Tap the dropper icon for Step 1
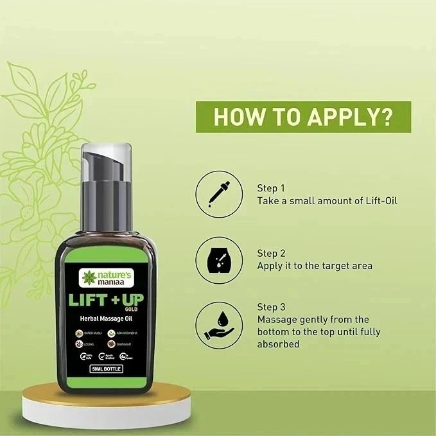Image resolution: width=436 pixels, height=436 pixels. pos(219,194)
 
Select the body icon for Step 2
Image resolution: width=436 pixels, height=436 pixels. pos(219,259)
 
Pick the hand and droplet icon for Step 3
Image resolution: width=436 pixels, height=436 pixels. pos(219,326)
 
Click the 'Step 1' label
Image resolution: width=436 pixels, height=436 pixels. pos(271,188)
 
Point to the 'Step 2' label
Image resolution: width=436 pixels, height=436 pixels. pos(271,253)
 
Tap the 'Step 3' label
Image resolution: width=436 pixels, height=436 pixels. pos(271,307)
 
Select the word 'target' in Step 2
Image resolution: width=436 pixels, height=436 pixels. pos(329,266)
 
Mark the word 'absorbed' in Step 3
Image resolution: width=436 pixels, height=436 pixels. pos(278,344)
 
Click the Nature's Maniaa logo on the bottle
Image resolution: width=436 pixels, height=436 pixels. pos(106,278)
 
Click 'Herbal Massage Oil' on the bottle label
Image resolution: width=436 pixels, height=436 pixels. pos(107,320)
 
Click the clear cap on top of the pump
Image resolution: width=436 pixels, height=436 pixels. pos(107,161)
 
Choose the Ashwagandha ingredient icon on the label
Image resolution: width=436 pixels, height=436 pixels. pos(112,333)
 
